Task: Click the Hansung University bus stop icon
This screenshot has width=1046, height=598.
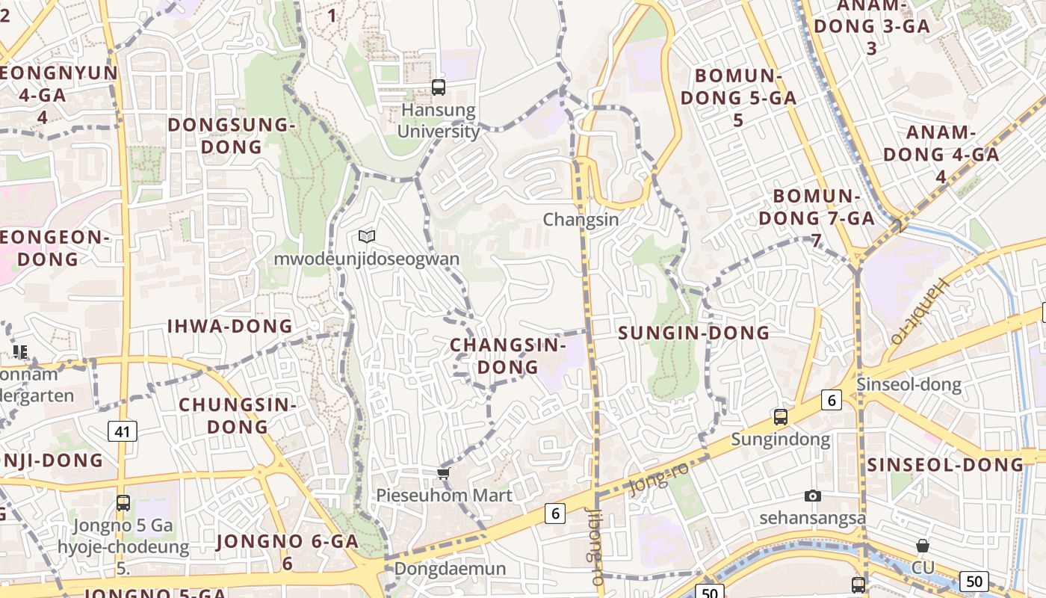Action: point(439,87)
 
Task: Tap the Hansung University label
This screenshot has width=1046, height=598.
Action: point(439,120)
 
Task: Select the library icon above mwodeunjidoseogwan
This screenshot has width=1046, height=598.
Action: point(366,237)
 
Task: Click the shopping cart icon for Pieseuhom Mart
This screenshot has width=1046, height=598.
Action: point(444,473)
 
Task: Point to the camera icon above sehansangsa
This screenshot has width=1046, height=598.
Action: point(813,496)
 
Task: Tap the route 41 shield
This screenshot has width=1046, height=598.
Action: point(123,431)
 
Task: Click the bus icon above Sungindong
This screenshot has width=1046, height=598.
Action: point(781,417)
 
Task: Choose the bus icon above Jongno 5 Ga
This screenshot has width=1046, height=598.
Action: point(123,503)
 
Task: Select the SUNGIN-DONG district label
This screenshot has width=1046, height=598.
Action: point(694,333)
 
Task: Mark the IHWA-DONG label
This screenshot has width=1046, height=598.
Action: point(230,326)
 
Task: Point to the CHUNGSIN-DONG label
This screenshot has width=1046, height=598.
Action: point(238,416)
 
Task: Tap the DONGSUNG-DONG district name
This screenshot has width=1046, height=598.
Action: point(232,135)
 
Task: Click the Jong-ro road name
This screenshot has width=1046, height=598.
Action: point(658,478)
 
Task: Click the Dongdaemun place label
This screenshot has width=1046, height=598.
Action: point(450,568)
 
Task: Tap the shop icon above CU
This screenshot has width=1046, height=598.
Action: point(923,546)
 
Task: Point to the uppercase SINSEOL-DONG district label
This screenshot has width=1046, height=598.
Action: point(945,464)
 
